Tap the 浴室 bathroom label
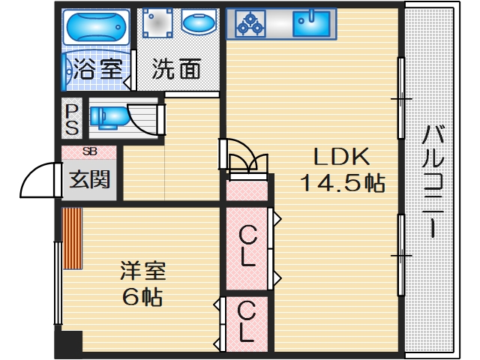click(x=97, y=70)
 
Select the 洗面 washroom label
click(x=176, y=70)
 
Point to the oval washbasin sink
click(x=199, y=25)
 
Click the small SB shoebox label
click(x=89, y=152)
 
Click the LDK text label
click(x=341, y=157)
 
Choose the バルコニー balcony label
click(x=432, y=180)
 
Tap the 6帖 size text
click(x=142, y=296)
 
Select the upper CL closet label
click(x=247, y=247)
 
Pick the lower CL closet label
click(x=245, y=319)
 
